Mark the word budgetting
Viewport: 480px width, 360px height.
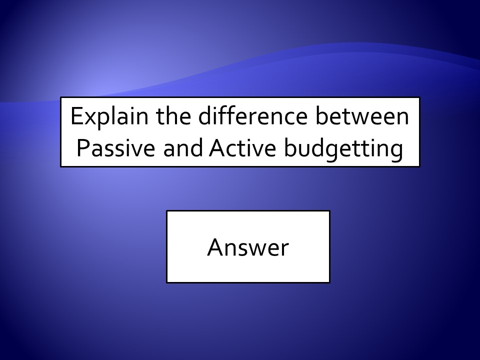pyautogui.click(x=343, y=149)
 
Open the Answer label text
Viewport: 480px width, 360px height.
pyautogui.click(x=248, y=247)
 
